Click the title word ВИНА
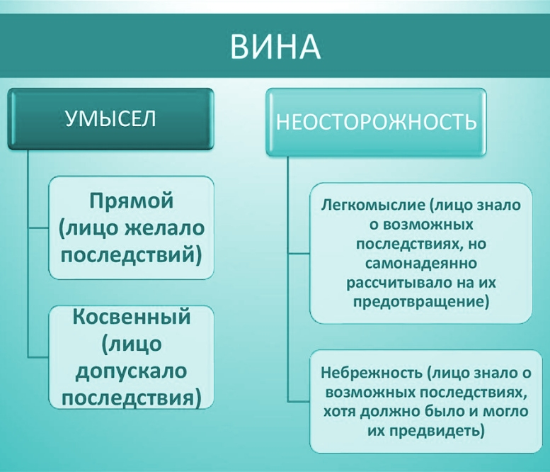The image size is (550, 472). point(275,47)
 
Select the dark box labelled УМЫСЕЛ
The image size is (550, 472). point(110,119)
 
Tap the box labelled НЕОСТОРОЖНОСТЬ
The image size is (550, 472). point(376,122)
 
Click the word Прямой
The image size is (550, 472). point(131,201)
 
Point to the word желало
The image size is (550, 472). point(164,228)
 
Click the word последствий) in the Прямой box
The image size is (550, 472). point(131,256)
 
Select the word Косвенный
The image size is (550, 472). point(132,317)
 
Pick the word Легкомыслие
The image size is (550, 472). point(372,206)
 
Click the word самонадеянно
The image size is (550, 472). point(421,263)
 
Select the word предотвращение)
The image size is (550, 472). point(421,302)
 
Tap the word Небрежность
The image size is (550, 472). point(372,373)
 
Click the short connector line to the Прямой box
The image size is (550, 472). point(38,228)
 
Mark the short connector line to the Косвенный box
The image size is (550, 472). point(38,357)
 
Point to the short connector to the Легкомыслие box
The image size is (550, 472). point(299,252)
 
